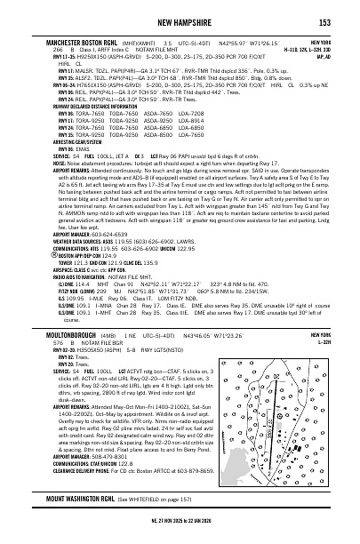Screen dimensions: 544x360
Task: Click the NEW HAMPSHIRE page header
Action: coord(180,21)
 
